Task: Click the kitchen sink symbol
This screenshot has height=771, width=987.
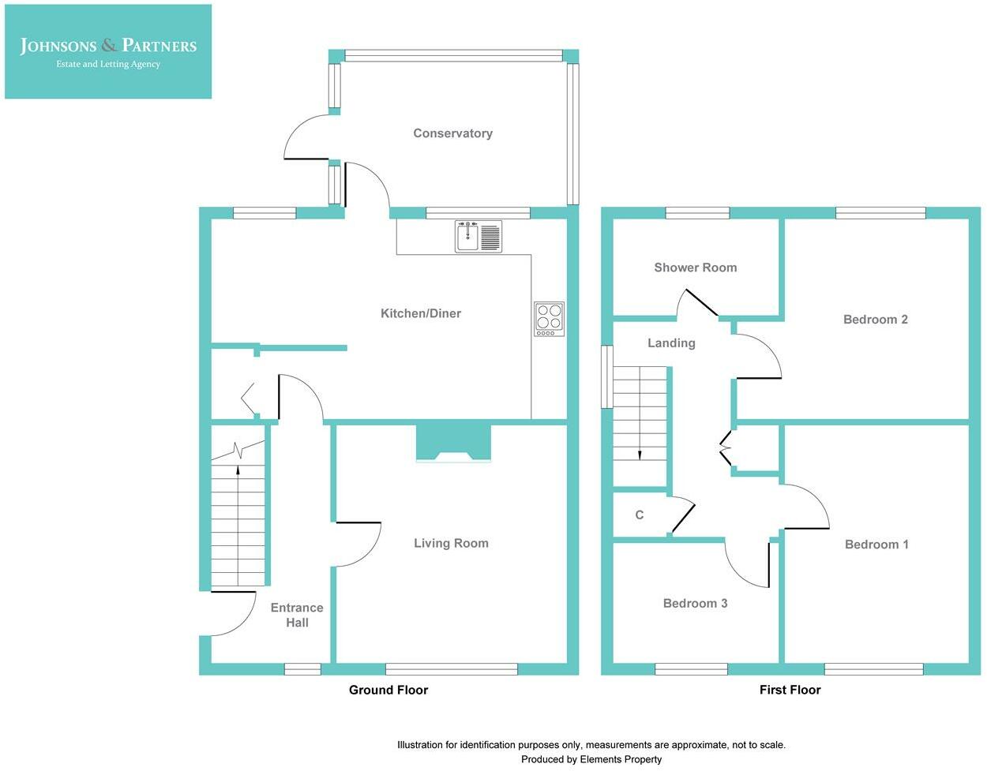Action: tap(478, 236)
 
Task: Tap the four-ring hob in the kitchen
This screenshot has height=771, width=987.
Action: tap(549, 319)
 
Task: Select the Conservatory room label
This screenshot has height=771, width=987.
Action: tap(453, 133)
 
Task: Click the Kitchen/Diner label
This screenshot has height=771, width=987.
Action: tap(421, 313)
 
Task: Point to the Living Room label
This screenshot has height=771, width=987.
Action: tap(451, 543)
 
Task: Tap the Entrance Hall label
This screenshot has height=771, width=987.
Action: tap(297, 615)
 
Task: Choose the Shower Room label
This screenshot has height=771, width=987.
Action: tap(696, 268)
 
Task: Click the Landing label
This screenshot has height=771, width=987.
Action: tap(671, 343)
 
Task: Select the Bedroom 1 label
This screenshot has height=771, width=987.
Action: tap(876, 545)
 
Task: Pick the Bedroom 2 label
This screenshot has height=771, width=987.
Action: tap(875, 320)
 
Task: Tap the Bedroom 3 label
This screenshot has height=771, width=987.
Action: tap(695, 603)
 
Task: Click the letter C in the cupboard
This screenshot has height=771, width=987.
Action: tap(639, 515)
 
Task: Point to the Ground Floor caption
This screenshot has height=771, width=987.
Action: tap(388, 690)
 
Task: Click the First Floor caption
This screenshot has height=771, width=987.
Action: tap(790, 690)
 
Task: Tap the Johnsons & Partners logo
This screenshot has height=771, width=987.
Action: tap(108, 51)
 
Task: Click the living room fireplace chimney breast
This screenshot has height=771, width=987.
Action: tap(453, 443)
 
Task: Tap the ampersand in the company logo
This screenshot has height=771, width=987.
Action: tap(109, 45)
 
